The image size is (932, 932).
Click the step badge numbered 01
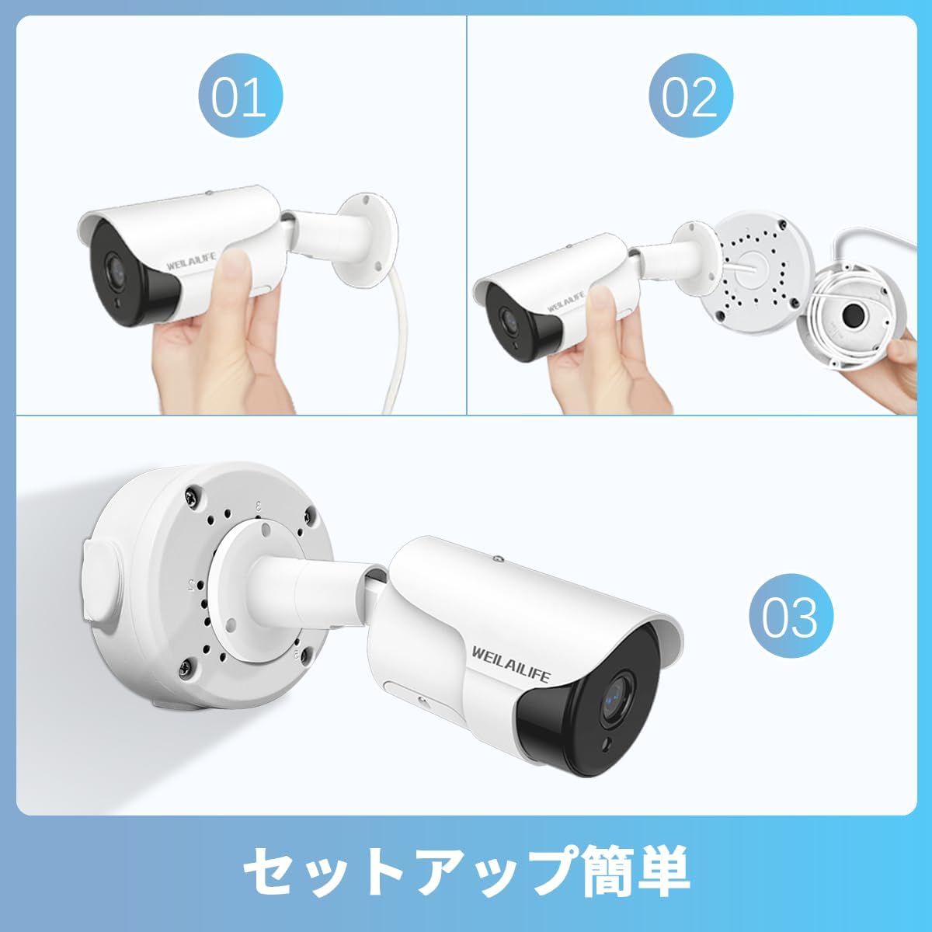click(240, 96)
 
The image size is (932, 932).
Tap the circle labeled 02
click(690, 96)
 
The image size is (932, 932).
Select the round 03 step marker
click(791, 616)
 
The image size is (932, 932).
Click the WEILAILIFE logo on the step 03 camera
click(511, 664)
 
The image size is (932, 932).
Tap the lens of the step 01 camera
click(115, 269)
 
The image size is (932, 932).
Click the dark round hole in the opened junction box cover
click(854, 315)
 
